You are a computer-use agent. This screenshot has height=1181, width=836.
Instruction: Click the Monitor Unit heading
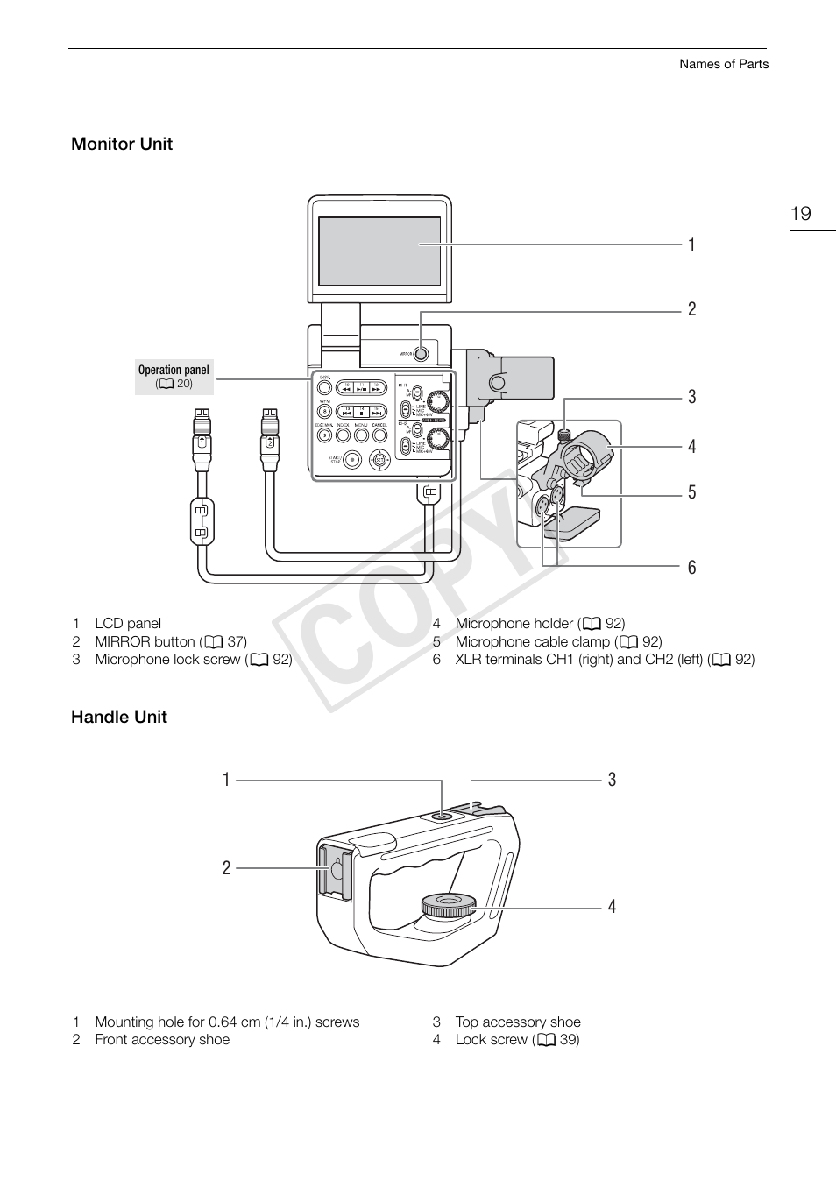click(122, 144)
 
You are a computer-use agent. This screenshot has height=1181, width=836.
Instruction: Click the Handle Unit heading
click(119, 717)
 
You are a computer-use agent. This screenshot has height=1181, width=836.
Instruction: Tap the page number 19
click(800, 214)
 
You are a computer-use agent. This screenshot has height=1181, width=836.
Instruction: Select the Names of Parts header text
click(724, 64)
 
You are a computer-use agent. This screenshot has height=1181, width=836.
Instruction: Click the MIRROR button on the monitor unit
click(421, 354)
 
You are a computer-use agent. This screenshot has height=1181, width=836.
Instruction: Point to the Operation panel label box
click(174, 377)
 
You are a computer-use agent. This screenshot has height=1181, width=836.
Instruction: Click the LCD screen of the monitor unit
click(379, 251)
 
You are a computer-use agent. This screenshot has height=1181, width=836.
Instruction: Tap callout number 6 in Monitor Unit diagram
click(691, 568)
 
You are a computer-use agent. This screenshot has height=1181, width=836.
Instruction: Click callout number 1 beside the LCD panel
click(691, 245)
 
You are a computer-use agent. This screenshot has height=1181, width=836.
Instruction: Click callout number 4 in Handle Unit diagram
click(612, 907)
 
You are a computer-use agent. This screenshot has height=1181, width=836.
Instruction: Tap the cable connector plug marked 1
click(202, 438)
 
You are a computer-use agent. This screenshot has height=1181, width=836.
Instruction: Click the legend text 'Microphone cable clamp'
click(532, 641)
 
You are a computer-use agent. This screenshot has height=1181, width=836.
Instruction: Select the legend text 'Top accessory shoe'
click(517, 1022)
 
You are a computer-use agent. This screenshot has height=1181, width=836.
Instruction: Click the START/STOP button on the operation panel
click(352, 458)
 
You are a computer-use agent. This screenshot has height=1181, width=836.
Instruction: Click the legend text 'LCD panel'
click(128, 623)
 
